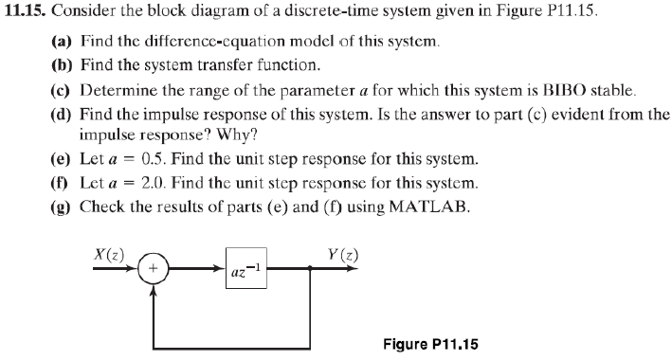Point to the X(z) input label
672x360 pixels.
111,253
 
